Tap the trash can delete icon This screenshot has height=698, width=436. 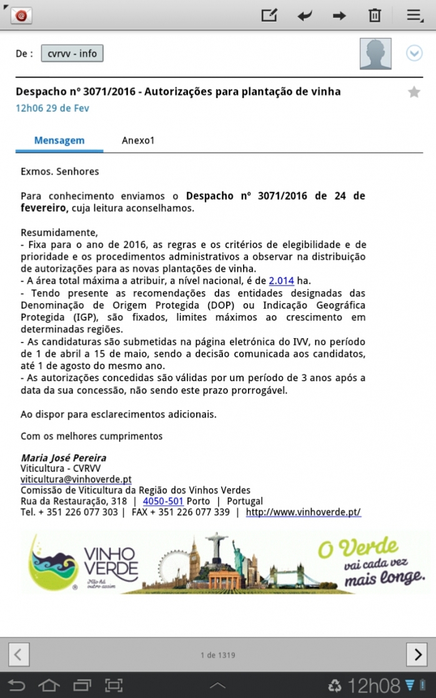point(375,16)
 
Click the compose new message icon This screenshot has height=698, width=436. point(269,16)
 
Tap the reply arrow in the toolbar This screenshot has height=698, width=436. point(305,16)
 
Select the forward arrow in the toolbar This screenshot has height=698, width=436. point(339,16)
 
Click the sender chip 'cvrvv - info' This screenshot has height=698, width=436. point(72,54)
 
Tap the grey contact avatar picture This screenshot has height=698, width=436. point(375,54)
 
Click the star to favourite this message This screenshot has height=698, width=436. point(414,92)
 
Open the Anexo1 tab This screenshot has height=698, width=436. point(138,141)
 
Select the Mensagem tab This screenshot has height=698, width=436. point(59,141)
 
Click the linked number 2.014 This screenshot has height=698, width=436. point(281,281)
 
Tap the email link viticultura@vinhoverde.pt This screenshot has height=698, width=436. point(76,479)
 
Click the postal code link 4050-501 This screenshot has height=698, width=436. point(163,501)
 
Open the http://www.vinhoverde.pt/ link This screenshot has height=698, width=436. point(303,512)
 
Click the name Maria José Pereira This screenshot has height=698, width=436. point(63,457)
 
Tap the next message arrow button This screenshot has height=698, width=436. point(417,654)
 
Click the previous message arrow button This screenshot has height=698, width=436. point(19,654)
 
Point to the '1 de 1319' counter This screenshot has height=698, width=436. point(217,655)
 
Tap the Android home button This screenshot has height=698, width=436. point(49,686)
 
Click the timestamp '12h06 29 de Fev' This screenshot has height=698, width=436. point(52,108)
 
